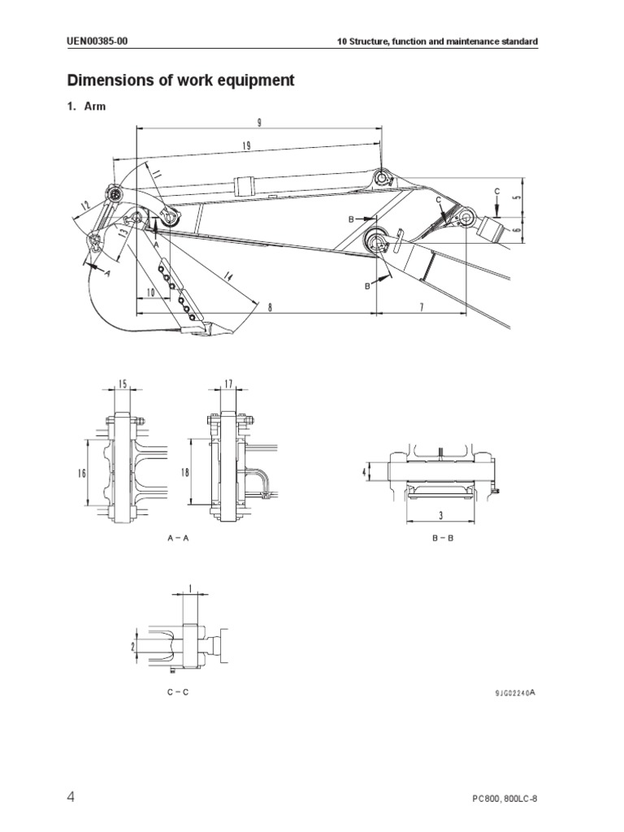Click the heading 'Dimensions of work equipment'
coord(180,80)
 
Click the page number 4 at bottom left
coord(71,797)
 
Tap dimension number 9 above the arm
coord(258,122)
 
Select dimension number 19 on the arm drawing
coord(245,145)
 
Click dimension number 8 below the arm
coord(259,306)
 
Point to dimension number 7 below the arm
coord(422,306)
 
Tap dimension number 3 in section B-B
coord(440,515)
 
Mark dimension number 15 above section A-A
coord(123,383)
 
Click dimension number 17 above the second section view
coord(228,383)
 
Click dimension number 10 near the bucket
coord(150,292)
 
